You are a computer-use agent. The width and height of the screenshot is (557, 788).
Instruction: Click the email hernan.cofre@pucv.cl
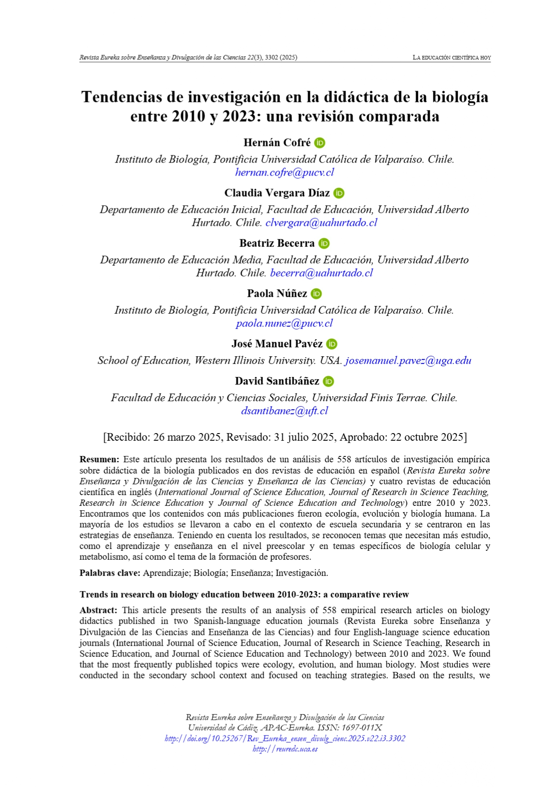pyautogui.click(x=284, y=173)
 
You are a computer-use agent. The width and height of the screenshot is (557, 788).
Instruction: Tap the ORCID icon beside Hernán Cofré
pyautogui.click(x=320, y=143)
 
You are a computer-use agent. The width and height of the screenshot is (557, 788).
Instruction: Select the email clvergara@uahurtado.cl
pyautogui.click(x=321, y=223)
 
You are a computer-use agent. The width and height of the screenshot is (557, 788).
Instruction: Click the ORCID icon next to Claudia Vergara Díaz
pyautogui.click(x=339, y=193)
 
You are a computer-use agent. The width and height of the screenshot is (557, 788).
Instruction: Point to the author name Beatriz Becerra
pyautogui.click(x=277, y=243)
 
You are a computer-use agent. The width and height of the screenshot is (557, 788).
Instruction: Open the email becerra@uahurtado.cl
pyautogui.click(x=321, y=273)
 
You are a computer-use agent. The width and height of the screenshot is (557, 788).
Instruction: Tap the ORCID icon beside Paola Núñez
pyautogui.click(x=317, y=294)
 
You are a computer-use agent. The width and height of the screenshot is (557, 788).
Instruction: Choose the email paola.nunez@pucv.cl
pyautogui.click(x=284, y=323)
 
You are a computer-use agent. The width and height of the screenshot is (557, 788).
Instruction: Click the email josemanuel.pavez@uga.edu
pyautogui.click(x=408, y=361)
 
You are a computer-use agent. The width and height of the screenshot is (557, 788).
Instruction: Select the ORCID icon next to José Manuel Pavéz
pyautogui.click(x=332, y=344)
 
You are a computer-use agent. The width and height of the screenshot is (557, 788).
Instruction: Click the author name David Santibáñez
pyautogui.click(x=277, y=381)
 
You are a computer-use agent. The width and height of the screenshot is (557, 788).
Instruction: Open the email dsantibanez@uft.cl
pyautogui.click(x=284, y=411)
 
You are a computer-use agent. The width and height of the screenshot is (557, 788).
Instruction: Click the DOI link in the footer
pyautogui.click(x=285, y=739)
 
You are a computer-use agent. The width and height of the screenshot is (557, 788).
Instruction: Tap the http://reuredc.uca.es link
pyautogui.click(x=285, y=749)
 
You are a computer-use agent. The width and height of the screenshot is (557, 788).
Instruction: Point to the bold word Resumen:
pyautogui.click(x=99, y=460)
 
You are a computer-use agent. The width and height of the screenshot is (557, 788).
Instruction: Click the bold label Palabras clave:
pyautogui.click(x=110, y=573)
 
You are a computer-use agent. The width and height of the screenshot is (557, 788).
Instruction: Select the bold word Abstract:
pyautogui.click(x=98, y=611)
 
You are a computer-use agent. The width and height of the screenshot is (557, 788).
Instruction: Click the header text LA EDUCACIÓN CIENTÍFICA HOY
pyautogui.click(x=451, y=58)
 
